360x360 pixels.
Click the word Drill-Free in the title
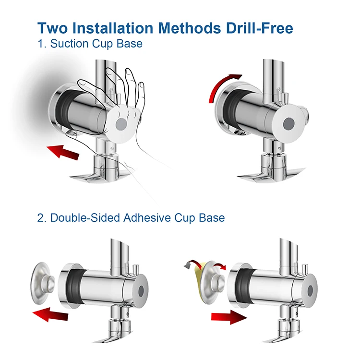click(x=259, y=28)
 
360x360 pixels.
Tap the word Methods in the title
click(x=190, y=28)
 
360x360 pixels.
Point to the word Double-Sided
click(x=85, y=217)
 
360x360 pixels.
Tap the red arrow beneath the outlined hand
click(x=63, y=151)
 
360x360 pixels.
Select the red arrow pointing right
click(x=229, y=317)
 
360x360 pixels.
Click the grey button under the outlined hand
click(x=121, y=124)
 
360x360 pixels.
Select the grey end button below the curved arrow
click(x=289, y=124)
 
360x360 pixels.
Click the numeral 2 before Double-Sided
click(x=40, y=217)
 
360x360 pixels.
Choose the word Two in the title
click(x=53, y=28)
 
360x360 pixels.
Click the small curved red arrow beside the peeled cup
click(x=219, y=266)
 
